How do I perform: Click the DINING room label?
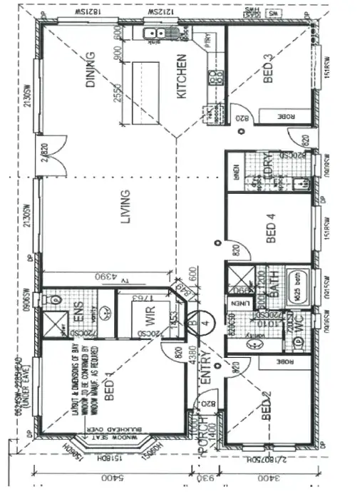(x=91, y=69)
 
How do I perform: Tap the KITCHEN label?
(x=181, y=76)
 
